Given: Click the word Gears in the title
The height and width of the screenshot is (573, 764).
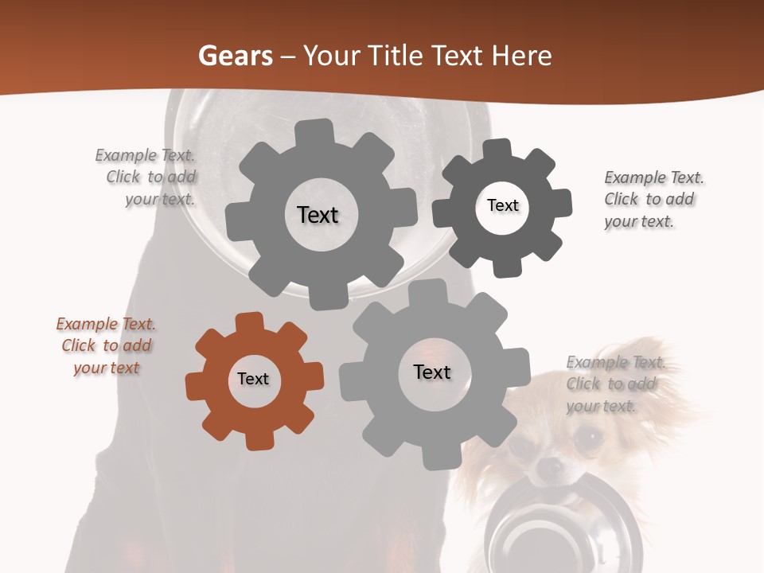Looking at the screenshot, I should pyautogui.click(x=235, y=56).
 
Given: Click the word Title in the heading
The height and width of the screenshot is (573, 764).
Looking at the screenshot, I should pyautogui.click(x=394, y=56).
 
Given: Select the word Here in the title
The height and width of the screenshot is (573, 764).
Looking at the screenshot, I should pyautogui.click(x=522, y=56).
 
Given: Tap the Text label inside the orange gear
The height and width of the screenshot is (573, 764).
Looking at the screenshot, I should pyautogui.click(x=253, y=380).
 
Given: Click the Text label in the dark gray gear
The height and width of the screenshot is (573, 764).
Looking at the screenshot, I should pyautogui.click(x=503, y=205).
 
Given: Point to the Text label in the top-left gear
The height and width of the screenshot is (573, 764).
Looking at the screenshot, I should pyautogui.click(x=318, y=215).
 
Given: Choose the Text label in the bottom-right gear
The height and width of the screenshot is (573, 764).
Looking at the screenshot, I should pyautogui.click(x=432, y=372).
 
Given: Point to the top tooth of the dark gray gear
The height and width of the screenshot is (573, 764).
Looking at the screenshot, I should pyautogui.click(x=497, y=149).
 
